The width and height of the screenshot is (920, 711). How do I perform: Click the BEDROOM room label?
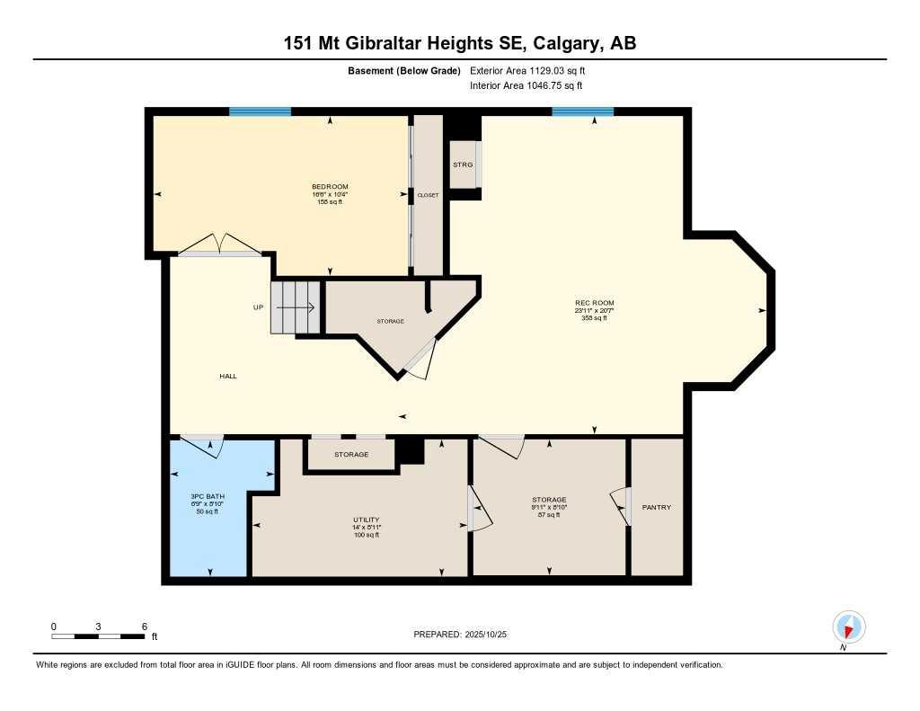330,187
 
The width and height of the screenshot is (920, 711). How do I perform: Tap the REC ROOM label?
594,303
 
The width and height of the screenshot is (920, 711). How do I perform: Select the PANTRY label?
656,507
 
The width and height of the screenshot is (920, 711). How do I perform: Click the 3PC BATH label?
208,496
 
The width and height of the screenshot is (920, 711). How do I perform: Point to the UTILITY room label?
366,520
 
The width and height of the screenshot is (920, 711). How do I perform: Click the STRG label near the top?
462,164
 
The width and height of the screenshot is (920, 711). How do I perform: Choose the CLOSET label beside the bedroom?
428,194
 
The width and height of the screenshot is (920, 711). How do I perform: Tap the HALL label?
228,376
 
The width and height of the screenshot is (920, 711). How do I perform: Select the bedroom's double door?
219,245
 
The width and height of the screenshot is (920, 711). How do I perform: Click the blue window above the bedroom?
260,111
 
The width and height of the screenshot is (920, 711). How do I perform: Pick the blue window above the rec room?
582,111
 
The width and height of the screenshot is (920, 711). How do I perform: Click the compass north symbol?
848,627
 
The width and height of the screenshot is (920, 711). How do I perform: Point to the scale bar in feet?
99,635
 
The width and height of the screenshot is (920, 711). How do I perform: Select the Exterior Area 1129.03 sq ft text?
526,70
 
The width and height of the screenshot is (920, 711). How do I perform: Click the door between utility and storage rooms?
478,509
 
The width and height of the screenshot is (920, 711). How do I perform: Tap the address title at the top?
459,43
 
